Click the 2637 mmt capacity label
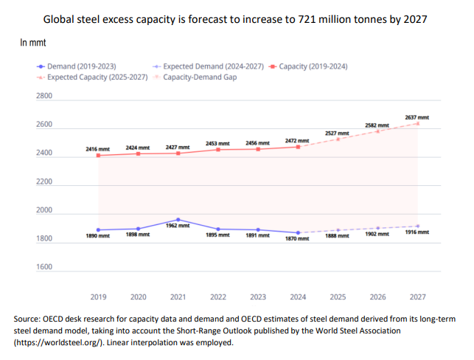(417, 117)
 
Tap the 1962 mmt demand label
(178, 226)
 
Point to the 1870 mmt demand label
(297, 240)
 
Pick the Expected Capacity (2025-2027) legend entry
(92, 76)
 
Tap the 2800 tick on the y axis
(43, 97)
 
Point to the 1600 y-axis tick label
(43, 266)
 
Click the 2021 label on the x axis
(178, 297)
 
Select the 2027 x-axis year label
(417, 297)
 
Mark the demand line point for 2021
(178, 219)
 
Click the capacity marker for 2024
(297, 147)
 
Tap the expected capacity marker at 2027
(417, 123)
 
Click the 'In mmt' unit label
(33, 44)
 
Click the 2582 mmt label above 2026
(377, 126)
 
